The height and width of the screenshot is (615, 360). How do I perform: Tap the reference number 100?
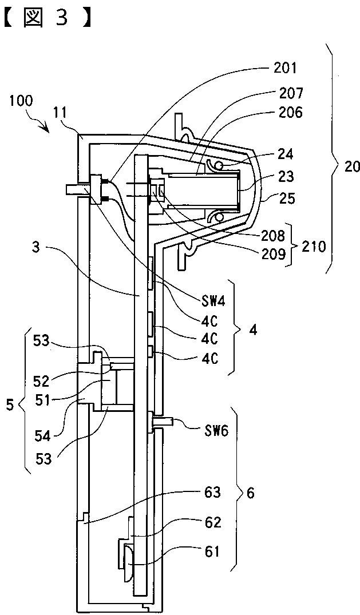pos(22,101)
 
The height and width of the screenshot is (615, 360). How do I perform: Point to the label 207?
pos(291,93)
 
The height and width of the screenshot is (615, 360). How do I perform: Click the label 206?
pos(291,113)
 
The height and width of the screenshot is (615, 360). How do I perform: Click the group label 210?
pos(314,247)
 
